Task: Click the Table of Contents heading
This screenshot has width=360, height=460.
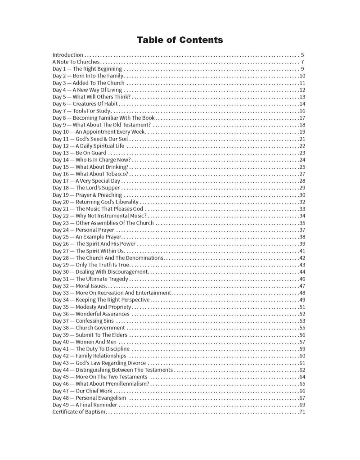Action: tap(180, 40)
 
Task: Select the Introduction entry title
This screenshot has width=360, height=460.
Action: tap(67, 55)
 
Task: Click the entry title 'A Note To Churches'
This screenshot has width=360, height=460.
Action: tap(76, 62)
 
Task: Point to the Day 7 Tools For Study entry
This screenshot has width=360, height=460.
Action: tap(81, 111)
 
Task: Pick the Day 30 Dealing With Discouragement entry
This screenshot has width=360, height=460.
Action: tap(100, 272)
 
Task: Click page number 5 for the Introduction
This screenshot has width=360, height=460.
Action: tap(303, 55)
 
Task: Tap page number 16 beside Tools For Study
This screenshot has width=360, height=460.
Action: tap(302, 111)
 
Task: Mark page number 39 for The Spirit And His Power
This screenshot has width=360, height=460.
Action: tap(302, 244)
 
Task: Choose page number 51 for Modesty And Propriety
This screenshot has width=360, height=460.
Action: tap(302, 307)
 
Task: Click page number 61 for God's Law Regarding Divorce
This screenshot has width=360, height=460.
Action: tap(302, 363)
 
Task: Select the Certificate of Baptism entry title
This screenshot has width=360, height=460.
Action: tap(79, 412)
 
